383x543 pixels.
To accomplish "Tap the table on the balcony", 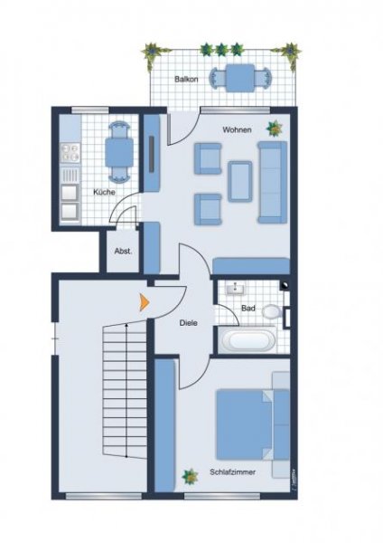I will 239,78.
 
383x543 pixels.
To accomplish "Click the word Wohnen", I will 237,129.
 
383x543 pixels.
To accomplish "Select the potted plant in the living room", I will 272,129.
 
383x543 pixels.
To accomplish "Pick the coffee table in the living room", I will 241,179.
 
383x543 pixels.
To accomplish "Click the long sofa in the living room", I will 272,181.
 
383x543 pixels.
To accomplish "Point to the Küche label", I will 104,192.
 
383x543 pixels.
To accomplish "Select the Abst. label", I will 122,252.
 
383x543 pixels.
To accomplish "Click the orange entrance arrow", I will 142,303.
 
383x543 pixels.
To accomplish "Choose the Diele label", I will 188,322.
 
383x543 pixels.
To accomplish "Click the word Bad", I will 248,309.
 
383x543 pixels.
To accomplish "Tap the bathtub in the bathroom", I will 248,341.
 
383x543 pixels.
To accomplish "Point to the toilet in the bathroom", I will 273,310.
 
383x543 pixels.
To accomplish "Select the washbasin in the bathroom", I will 238,290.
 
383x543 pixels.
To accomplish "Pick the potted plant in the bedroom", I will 190,475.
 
